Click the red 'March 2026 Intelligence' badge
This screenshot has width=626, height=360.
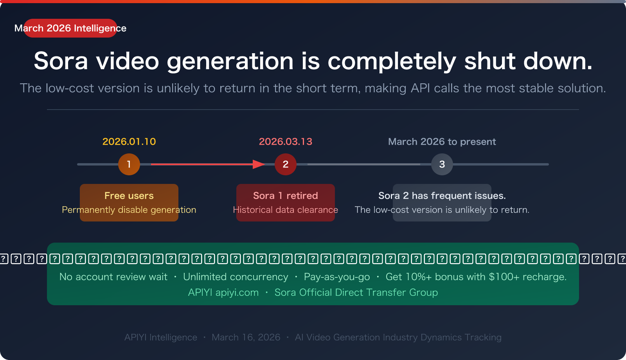pyautogui.click(x=70, y=28)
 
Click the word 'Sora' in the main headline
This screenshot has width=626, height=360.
pyautogui.click(x=61, y=61)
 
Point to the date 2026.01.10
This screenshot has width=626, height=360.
pyautogui.click(x=129, y=142)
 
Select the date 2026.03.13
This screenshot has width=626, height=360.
pyautogui.click(x=286, y=142)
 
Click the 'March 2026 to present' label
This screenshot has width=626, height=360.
pyautogui.click(x=442, y=142)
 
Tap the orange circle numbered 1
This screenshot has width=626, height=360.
pyautogui.click(x=129, y=164)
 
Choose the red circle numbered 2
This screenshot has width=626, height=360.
pyautogui.click(x=286, y=164)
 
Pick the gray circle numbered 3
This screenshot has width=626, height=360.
pyautogui.click(x=442, y=164)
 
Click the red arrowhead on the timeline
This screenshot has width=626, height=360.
pyautogui.click(x=259, y=164)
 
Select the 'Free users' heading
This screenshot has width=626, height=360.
pyautogui.click(x=129, y=196)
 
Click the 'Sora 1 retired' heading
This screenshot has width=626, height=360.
pyautogui.click(x=286, y=196)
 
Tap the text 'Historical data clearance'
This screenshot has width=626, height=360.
pyautogui.click(x=286, y=210)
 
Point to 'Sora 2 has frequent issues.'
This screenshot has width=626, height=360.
pyautogui.click(x=442, y=196)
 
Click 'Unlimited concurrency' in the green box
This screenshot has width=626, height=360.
pyautogui.click(x=236, y=277)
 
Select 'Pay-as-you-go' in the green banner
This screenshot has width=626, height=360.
pyautogui.click(x=337, y=277)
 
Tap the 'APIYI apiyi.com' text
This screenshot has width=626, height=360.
pyautogui.click(x=223, y=293)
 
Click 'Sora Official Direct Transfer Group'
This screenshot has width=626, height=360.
pyautogui.click(x=356, y=293)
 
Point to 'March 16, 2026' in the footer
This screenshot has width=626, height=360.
pyautogui.click(x=246, y=337)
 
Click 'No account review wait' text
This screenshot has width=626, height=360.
pyautogui.click(x=113, y=277)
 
